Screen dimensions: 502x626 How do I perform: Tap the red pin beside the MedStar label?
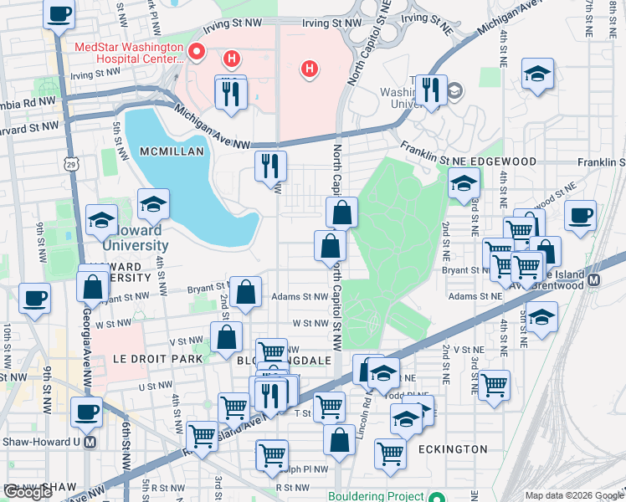[x=198, y=53]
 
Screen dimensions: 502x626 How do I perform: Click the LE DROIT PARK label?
[x=158, y=358]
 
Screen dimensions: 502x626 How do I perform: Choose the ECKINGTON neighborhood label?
[x=454, y=449]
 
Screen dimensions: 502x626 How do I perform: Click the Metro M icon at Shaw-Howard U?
[x=90, y=442]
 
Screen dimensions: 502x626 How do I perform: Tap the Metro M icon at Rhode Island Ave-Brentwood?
[x=594, y=279]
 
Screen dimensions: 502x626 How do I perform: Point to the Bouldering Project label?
[x=378, y=495]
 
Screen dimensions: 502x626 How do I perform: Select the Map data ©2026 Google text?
[x=572, y=495]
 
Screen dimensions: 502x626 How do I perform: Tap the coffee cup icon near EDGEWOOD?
[x=580, y=216]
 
